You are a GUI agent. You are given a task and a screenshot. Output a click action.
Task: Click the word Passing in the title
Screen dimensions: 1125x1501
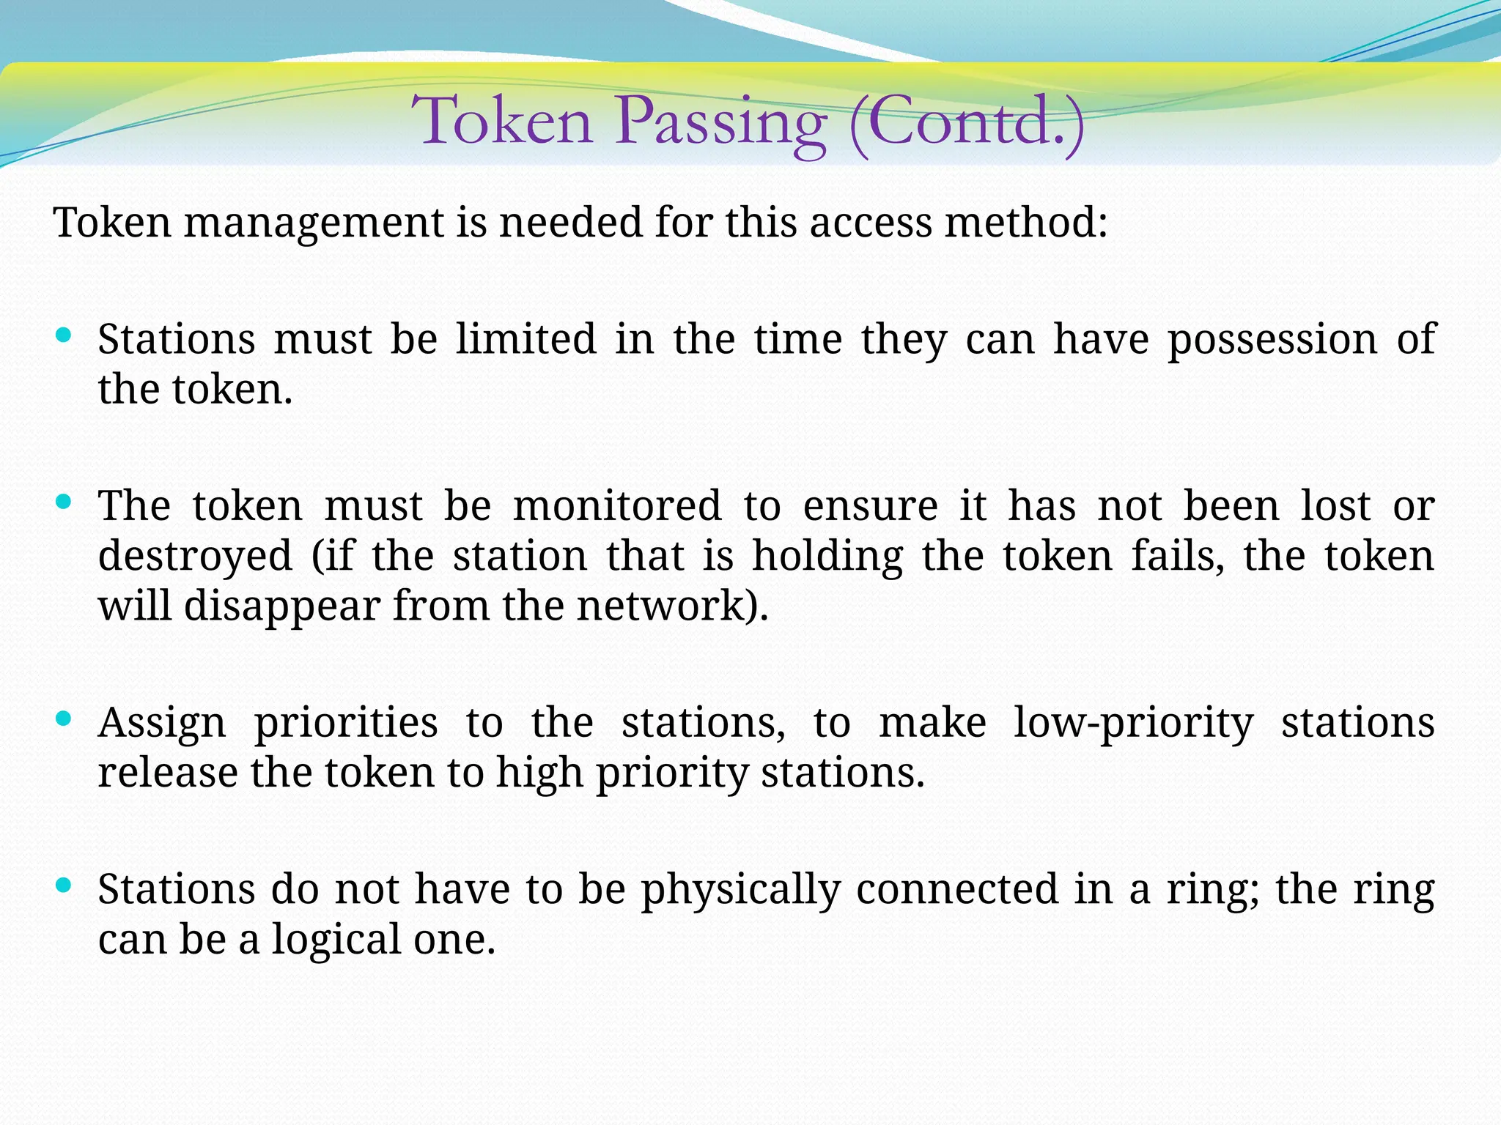[x=721, y=122]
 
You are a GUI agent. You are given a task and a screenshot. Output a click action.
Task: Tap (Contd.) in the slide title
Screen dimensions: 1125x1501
[x=966, y=122]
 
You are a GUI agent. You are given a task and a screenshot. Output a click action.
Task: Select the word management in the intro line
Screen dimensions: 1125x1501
[x=314, y=223]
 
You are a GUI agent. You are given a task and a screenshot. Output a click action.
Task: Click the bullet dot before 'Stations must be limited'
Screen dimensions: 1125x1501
[x=64, y=336]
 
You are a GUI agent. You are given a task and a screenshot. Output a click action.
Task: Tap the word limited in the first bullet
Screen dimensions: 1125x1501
[x=525, y=340]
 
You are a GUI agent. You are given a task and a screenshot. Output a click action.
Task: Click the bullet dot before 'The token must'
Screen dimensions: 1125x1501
[x=64, y=502]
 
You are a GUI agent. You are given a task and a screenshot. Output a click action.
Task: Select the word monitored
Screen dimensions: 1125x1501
[x=616, y=506]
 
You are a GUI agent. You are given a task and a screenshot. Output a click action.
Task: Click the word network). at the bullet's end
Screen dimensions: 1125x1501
[x=672, y=606]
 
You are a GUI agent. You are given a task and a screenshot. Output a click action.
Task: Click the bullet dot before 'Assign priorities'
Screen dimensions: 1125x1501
[x=64, y=719]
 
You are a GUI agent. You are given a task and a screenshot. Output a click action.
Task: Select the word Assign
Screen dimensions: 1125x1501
[x=162, y=724]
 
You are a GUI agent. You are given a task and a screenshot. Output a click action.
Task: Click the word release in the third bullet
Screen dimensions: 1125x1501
[x=169, y=773]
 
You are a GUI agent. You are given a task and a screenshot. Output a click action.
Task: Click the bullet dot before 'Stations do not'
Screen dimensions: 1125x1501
[x=64, y=885]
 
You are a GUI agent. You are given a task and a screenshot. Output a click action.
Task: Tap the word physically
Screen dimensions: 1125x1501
[x=740, y=891]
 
